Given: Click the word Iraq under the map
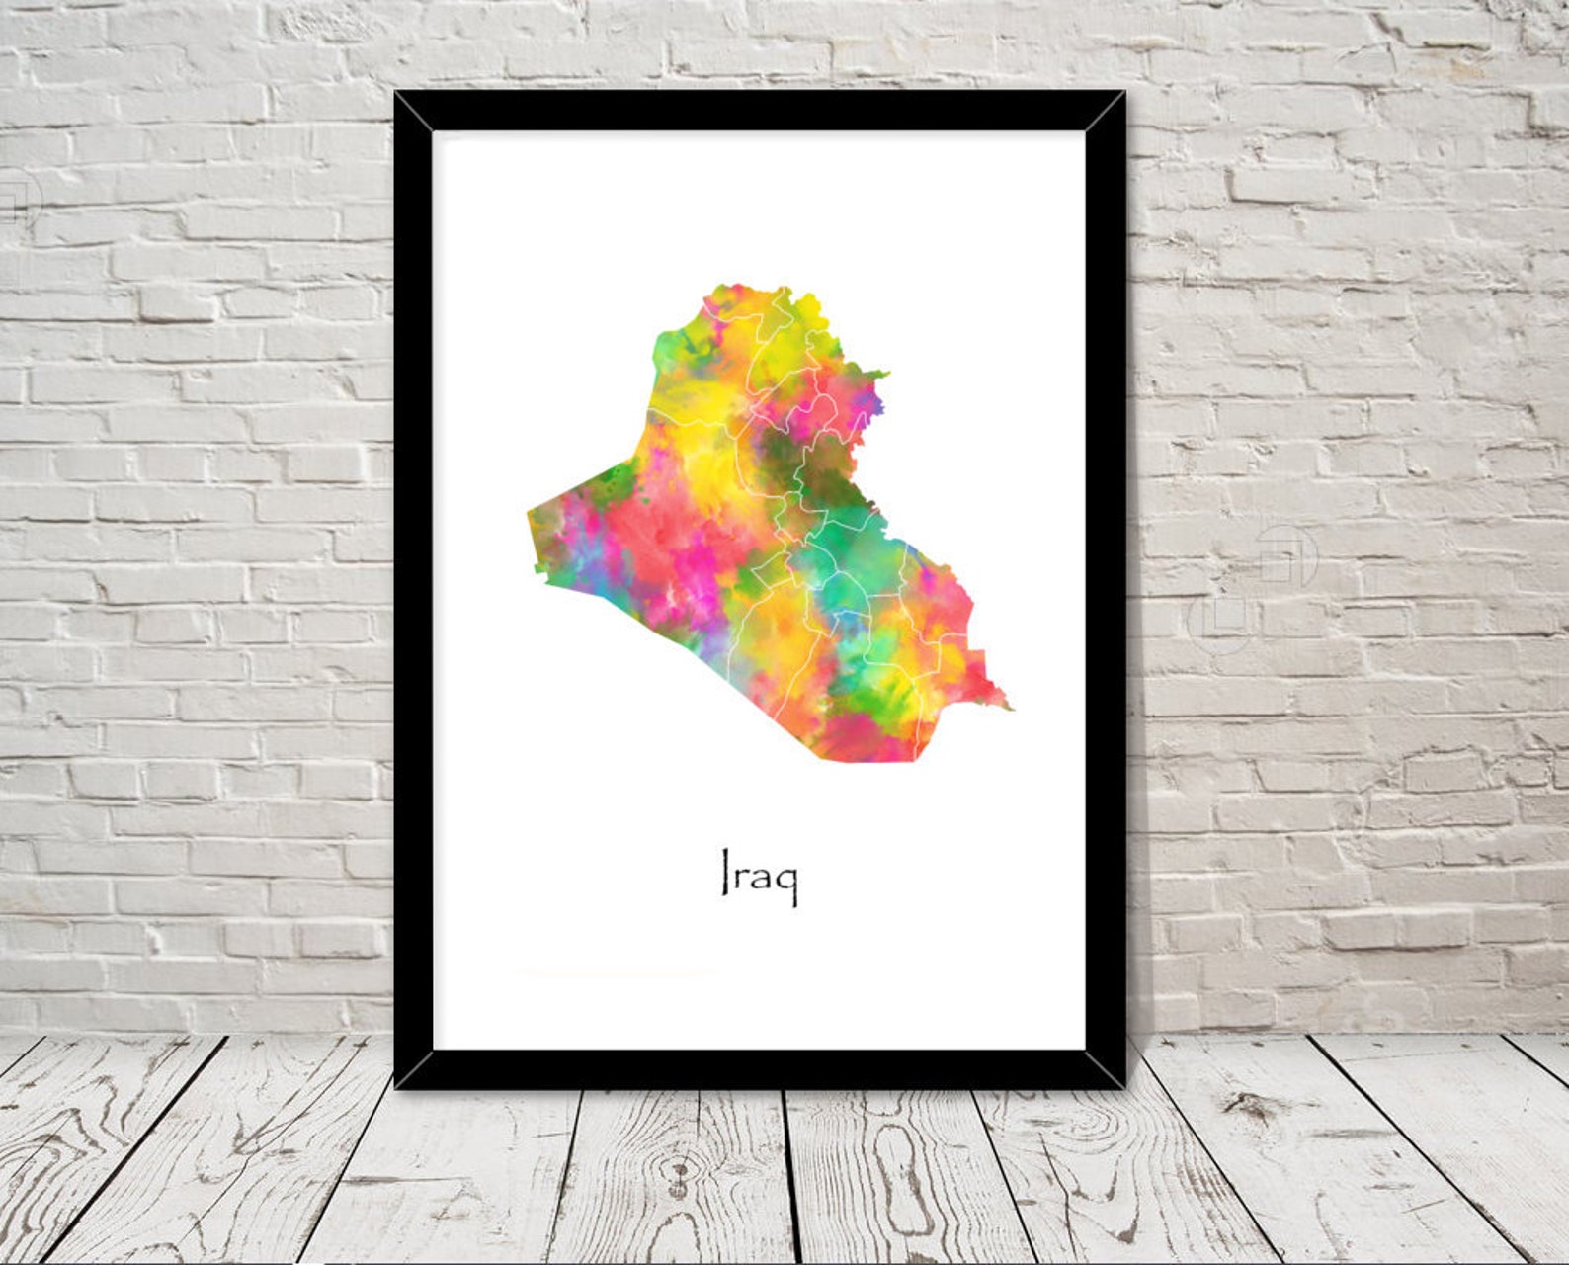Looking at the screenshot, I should pyautogui.click(x=759, y=874).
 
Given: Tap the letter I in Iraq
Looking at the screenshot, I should pyautogui.click(x=725, y=872).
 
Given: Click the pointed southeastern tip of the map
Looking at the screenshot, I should pyautogui.click(x=1010, y=708).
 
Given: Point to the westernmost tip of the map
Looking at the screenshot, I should pyautogui.click(x=530, y=512).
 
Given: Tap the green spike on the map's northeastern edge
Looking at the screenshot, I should pyautogui.click(x=882, y=375).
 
